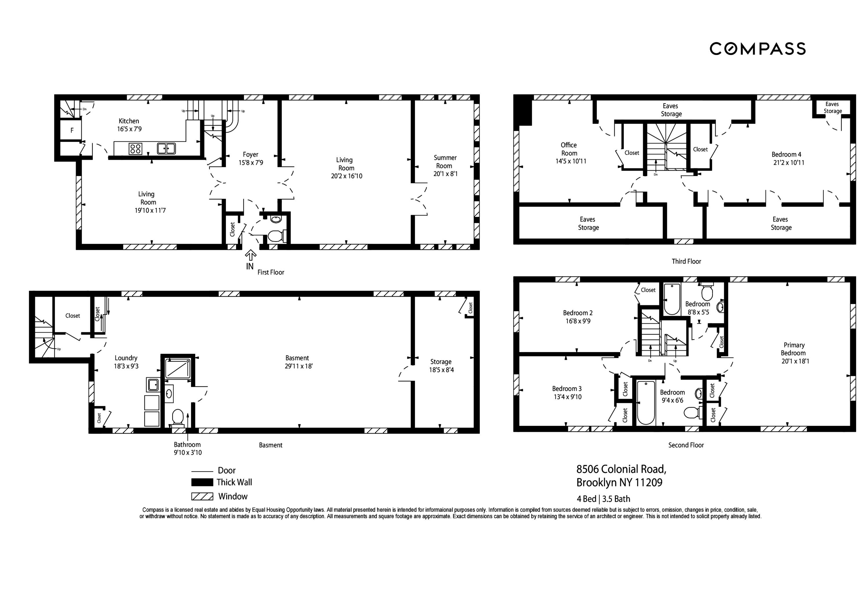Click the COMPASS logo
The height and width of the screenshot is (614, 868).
click(x=757, y=49)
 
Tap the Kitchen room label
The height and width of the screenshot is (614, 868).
click(x=129, y=121)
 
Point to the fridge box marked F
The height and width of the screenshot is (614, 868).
click(x=71, y=130)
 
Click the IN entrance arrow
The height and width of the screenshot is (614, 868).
click(x=250, y=256)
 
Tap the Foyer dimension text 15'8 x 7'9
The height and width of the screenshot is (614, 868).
click(x=251, y=163)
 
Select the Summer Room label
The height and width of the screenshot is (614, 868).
click(x=445, y=162)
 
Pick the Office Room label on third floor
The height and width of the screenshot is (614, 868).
click(x=569, y=149)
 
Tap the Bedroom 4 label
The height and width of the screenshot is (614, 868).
click(x=786, y=154)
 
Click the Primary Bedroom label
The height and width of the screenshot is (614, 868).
click(x=794, y=349)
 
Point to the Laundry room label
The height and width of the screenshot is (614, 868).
click(x=126, y=358)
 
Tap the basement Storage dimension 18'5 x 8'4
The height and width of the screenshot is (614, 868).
click(x=441, y=370)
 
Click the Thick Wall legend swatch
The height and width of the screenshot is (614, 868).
click(x=202, y=482)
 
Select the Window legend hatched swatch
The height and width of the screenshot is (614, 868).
click(x=202, y=496)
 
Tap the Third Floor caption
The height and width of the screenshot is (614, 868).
click(x=686, y=261)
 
